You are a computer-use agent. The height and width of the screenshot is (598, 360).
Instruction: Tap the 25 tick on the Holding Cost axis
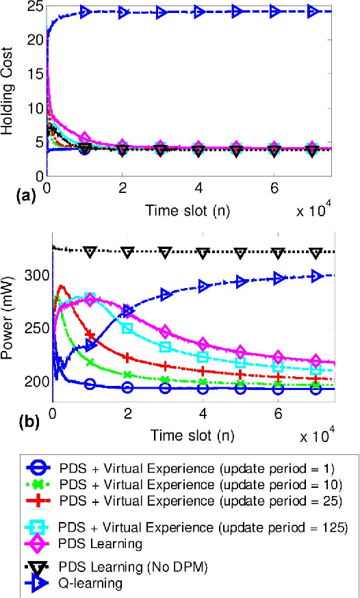point(34,9)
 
